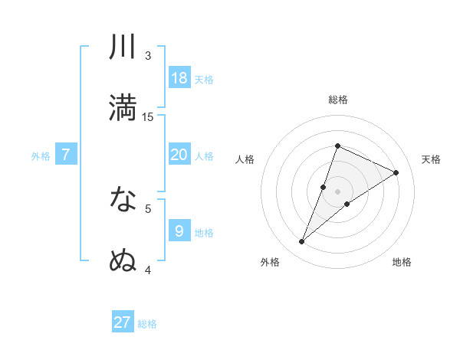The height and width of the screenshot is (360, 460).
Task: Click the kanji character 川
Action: (x=123, y=47)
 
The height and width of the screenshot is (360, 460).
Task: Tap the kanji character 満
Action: (x=123, y=107)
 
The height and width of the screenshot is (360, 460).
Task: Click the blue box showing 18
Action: (x=179, y=78)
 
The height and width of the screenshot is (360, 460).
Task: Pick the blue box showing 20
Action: (x=179, y=155)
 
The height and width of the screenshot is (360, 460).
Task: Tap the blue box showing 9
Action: (x=179, y=231)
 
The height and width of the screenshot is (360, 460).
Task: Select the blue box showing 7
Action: (x=66, y=155)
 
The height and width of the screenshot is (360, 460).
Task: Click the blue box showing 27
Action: (x=123, y=322)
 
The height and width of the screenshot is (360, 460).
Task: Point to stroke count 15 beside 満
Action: (x=148, y=117)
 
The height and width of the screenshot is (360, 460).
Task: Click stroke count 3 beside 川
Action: (x=148, y=56)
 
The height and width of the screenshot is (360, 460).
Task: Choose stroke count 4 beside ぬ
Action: (x=148, y=270)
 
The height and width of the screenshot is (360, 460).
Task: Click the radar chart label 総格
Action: (x=337, y=100)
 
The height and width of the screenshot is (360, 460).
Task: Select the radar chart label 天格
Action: (x=431, y=159)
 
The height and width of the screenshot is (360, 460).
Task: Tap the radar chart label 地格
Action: (x=402, y=262)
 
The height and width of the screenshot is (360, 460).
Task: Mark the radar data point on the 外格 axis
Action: (x=302, y=242)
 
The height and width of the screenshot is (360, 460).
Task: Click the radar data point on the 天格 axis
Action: (x=396, y=172)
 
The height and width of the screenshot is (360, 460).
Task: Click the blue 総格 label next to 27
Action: (x=147, y=324)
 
